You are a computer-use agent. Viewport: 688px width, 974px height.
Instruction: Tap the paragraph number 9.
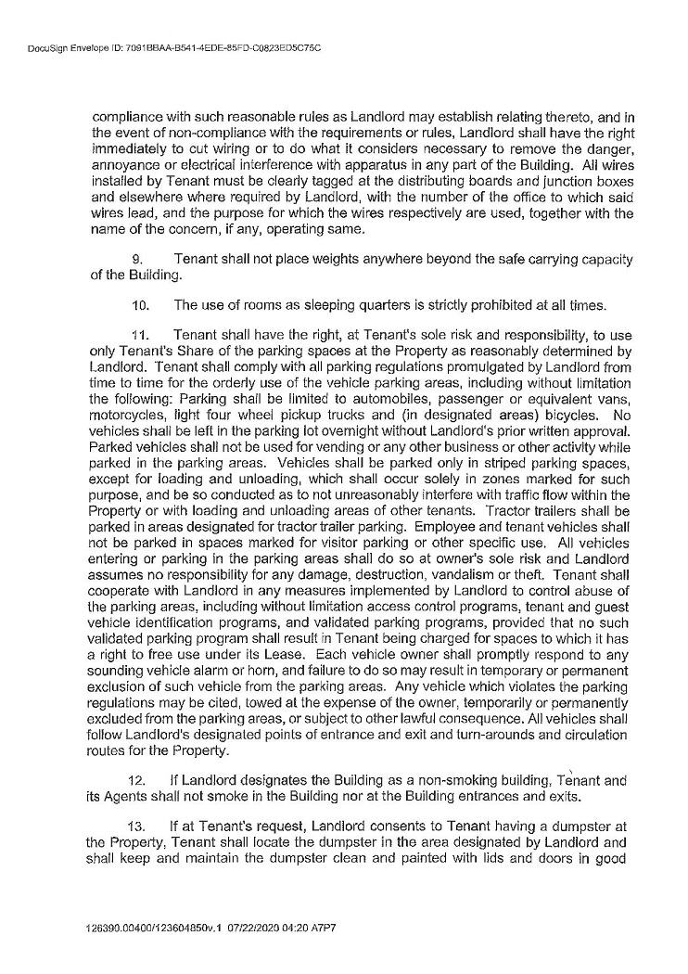pos(141,257)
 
